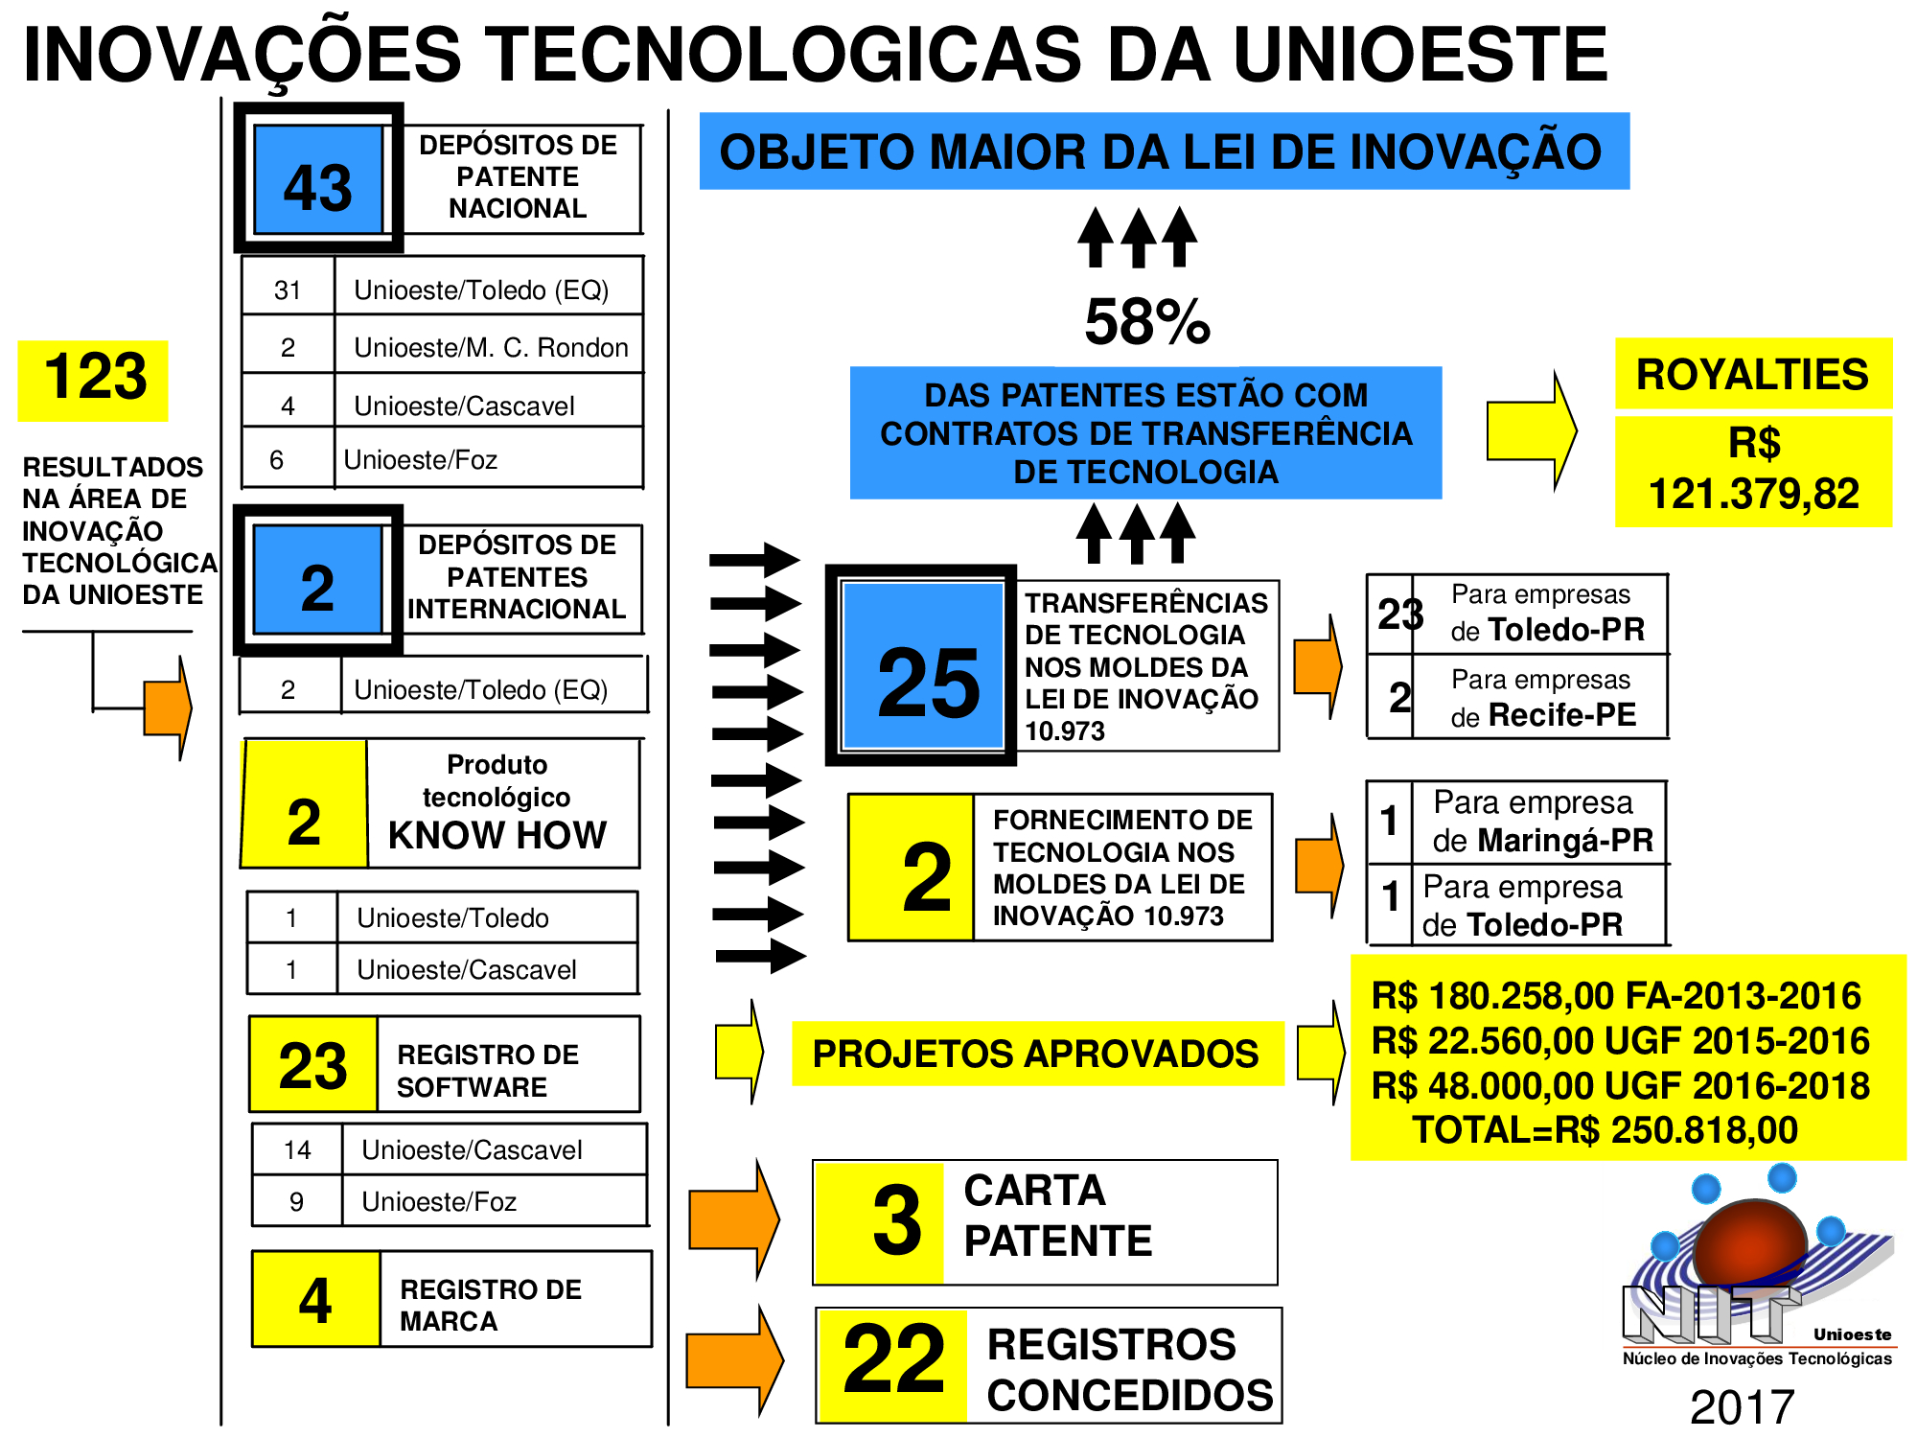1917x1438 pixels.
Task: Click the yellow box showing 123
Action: [93, 381]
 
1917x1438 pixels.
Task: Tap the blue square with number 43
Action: [318, 179]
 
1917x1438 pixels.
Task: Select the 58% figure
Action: [1147, 321]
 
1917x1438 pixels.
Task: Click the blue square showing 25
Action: [923, 665]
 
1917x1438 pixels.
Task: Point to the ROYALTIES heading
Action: [1753, 374]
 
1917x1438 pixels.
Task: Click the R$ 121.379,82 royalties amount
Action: [1754, 470]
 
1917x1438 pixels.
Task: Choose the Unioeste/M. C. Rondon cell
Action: [490, 347]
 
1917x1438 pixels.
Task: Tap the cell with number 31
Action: [288, 290]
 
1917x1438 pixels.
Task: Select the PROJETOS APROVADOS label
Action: [1036, 1054]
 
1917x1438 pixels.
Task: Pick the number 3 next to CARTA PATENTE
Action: [897, 1219]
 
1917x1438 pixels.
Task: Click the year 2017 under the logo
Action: [1742, 1407]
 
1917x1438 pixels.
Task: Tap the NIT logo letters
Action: [1712, 1313]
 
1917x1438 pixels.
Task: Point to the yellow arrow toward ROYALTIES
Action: [1531, 430]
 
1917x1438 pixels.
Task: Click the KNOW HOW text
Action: [497, 835]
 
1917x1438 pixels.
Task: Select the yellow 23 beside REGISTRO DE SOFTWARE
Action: [312, 1065]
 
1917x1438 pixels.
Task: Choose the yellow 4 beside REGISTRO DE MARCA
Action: [315, 1300]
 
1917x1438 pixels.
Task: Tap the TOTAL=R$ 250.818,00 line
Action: [1605, 1130]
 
